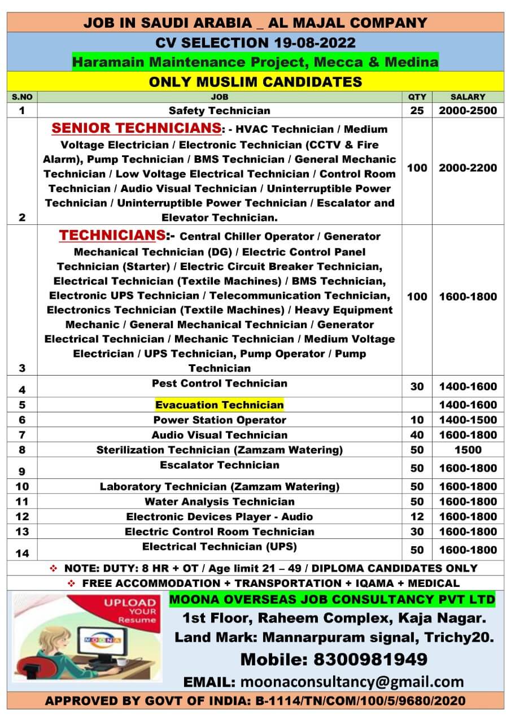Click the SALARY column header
pos(468,97)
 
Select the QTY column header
pos(417,97)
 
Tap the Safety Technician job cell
pos(219,111)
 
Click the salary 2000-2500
pos(468,111)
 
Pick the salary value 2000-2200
pos(468,168)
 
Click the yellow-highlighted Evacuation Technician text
pos(219,404)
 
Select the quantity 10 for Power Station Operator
pos(417,420)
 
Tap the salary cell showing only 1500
pos(468,450)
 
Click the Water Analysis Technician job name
pos(219,502)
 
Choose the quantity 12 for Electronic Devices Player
pos(417,516)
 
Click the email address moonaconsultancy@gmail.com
pos(352,682)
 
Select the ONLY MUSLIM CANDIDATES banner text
pos(255,82)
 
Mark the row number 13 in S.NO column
pos(22,532)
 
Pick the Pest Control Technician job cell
pos(219,384)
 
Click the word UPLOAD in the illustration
pos(129,603)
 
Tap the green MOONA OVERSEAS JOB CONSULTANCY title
pos(332,599)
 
